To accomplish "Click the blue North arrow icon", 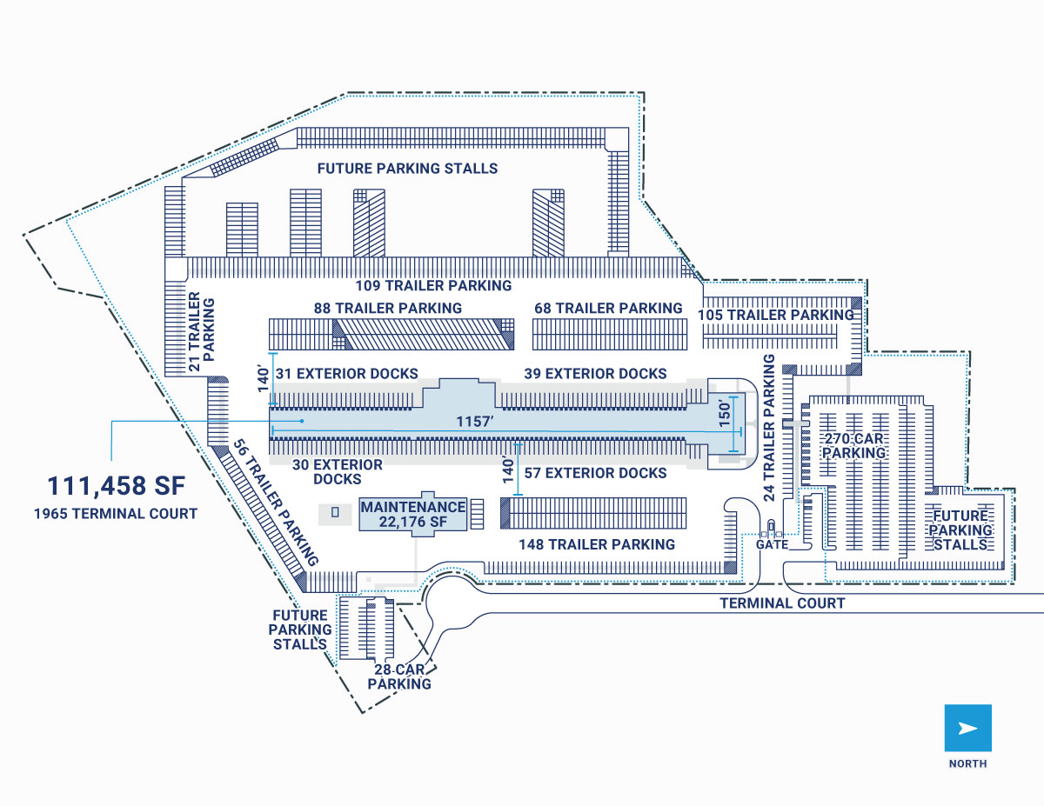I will click(x=967, y=728).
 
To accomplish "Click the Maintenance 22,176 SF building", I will click(x=413, y=514).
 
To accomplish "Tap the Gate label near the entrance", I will click(x=772, y=545).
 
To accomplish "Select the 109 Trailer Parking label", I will click(x=433, y=285).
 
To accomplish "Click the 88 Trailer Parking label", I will click(x=388, y=308).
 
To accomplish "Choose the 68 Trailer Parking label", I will click(x=608, y=308).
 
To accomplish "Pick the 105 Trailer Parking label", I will click(x=775, y=314).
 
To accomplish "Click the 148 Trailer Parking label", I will click(x=596, y=544).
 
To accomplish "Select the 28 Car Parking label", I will click(x=399, y=676).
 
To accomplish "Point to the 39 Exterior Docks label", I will click(x=595, y=374).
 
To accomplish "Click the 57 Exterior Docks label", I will click(x=595, y=473).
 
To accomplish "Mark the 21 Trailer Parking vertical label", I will click(x=201, y=331).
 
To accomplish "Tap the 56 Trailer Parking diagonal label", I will click(x=276, y=503).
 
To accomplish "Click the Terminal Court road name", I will click(x=782, y=603).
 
